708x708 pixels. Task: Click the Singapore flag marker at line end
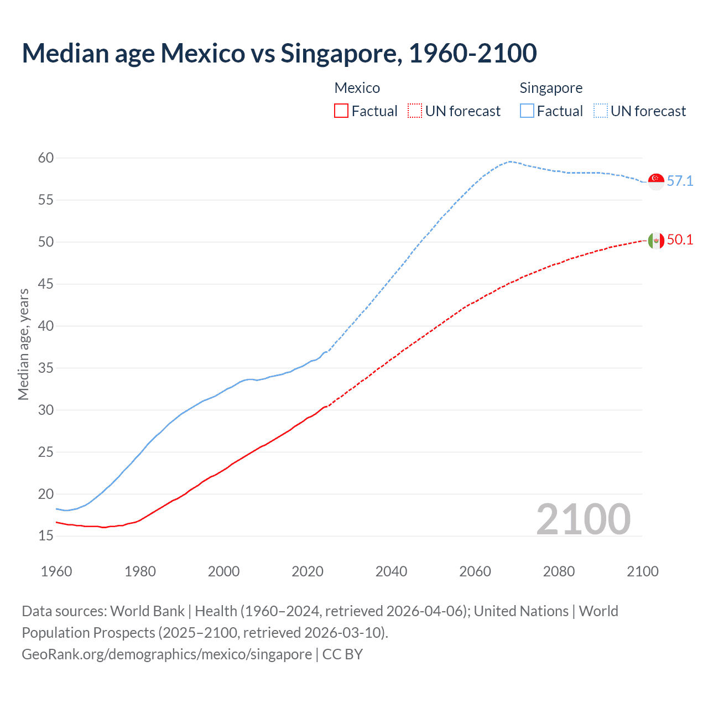656,181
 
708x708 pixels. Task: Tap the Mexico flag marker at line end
656,241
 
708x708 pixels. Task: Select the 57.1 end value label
680,181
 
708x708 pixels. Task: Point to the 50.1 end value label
680,240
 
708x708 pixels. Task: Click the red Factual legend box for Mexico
341,111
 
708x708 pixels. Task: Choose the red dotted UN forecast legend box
415,111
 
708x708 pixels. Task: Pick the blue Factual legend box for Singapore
527,111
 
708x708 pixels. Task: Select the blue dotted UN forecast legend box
601,111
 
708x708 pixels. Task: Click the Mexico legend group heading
357,88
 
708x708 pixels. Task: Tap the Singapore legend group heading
551,88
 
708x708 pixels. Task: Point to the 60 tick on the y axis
46,158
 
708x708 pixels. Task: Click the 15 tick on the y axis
46,536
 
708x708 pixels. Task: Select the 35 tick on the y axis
46,368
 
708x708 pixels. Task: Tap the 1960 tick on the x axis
56,571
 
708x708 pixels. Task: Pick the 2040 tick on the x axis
391,571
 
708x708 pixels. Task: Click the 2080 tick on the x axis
559,571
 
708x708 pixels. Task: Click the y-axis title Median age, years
23,344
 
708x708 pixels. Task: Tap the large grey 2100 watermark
583,519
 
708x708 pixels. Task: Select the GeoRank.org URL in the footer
166,654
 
